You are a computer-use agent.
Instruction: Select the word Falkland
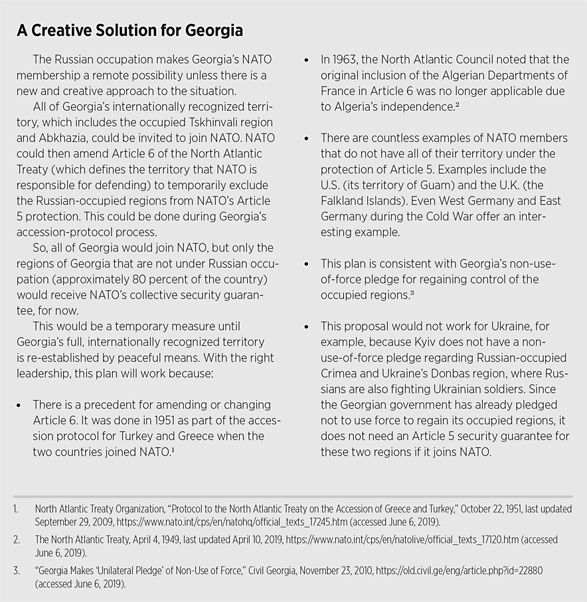coord(346,200)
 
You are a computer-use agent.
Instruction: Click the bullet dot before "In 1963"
coord(306,60)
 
